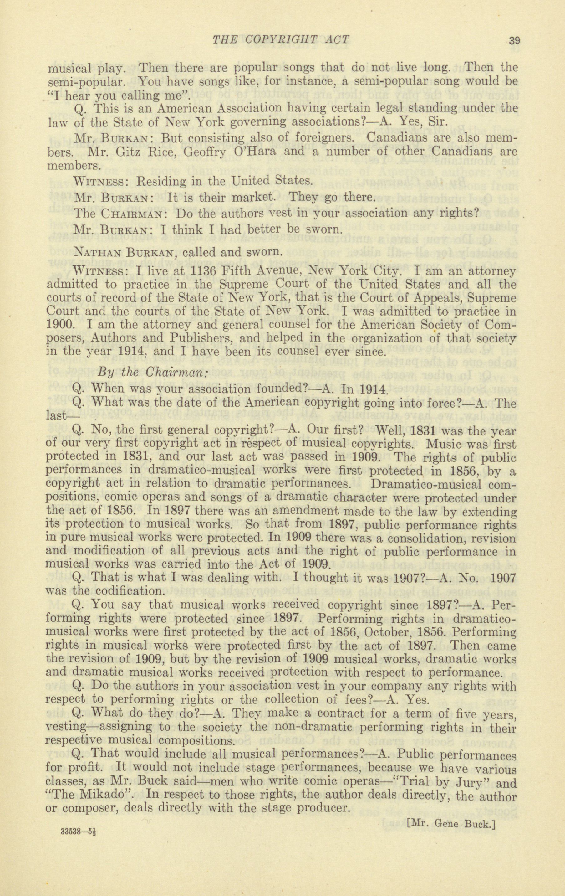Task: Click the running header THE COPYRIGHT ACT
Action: [x=281, y=39]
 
